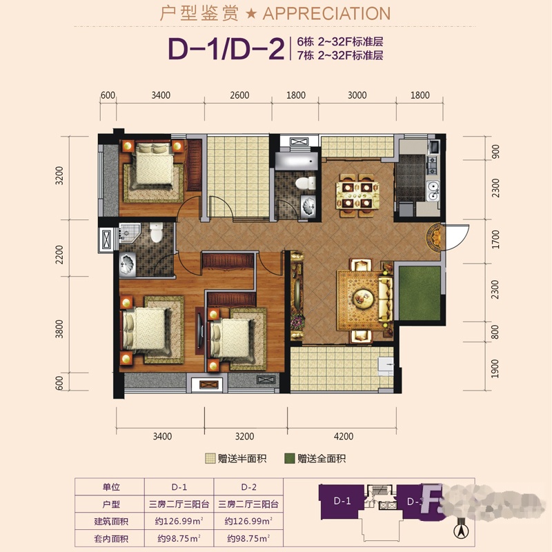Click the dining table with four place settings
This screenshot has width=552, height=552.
click(357, 195)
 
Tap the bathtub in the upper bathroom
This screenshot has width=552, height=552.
click(297, 161)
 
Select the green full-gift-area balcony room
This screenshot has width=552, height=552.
click(420, 293)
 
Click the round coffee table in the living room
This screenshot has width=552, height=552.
click(362, 296)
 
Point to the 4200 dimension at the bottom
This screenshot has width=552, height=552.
click(343, 436)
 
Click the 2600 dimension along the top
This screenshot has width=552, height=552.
click(239, 95)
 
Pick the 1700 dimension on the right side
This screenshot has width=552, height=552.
click(495, 239)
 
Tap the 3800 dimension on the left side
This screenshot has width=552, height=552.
click(59, 329)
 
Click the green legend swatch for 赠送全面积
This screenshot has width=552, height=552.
click(289, 458)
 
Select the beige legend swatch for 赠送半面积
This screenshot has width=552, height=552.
click(210, 458)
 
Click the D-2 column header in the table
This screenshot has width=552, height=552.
click(248, 487)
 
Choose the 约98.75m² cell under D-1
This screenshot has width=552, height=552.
click(179, 539)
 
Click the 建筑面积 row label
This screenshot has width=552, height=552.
click(111, 522)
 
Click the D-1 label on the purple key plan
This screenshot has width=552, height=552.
click(342, 501)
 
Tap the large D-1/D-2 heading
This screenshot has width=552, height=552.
click(226, 48)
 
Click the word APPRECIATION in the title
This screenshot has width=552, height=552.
click(326, 13)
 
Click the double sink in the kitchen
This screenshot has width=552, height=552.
click(433, 190)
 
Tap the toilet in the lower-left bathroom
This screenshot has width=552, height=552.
click(157, 233)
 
